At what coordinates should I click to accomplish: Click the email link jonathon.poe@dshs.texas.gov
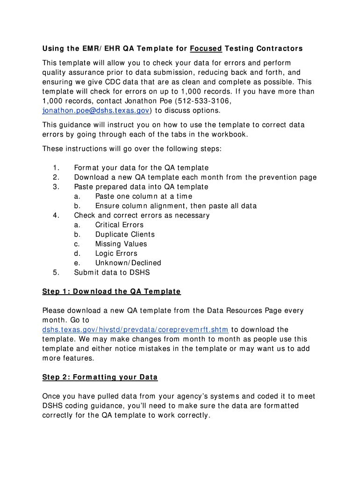96,110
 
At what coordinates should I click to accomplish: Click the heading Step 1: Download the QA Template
111,291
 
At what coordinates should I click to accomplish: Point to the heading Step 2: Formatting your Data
100,377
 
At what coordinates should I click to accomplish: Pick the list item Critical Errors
119,225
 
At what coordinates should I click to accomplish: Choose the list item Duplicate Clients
125,234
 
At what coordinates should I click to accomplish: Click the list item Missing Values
121,244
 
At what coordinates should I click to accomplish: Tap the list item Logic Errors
116,254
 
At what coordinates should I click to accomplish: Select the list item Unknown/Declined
128,263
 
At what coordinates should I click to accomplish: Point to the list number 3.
56,187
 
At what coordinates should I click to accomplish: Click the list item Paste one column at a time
144,196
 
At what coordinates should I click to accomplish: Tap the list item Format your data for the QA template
141,168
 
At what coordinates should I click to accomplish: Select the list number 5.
56,272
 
